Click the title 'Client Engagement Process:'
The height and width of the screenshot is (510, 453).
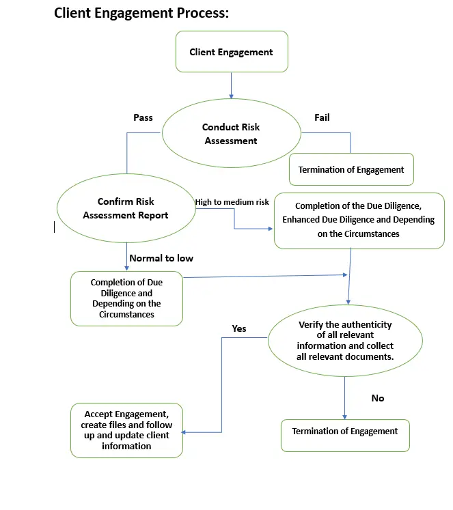141,14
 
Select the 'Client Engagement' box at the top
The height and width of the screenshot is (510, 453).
232,51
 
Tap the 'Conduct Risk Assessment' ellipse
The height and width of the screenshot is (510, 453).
232,133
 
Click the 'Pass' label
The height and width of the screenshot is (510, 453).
143,117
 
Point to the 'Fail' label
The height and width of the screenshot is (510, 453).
322,117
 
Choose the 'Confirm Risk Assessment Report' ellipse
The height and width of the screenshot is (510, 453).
126,208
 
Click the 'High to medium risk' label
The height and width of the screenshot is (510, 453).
232,202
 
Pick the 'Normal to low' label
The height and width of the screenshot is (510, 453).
161,258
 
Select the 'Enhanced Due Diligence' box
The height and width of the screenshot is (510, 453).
359,221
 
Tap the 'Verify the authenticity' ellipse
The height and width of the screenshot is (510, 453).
345,341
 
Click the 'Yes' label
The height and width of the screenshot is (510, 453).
239,328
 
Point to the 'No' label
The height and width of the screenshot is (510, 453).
378,398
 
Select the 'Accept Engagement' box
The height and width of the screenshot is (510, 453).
126,430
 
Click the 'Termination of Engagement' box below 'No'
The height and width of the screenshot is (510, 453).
345,436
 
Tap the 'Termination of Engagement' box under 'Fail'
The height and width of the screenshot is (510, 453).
351,169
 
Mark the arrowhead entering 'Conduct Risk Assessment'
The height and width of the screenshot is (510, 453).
232,96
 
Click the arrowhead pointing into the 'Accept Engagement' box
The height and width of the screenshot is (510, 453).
183,432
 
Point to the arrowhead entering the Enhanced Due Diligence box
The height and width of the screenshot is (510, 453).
271,229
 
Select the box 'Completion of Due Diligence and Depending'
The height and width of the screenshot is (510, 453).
126,298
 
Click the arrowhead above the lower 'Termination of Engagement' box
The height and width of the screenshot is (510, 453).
344,417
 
